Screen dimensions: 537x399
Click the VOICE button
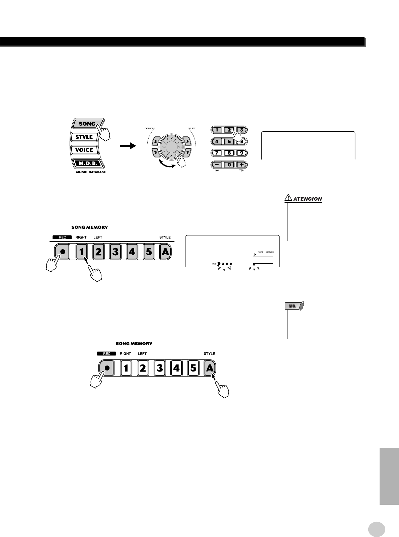click(84, 150)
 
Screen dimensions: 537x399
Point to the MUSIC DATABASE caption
click(88, 172)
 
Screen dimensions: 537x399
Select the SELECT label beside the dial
click(191, 129)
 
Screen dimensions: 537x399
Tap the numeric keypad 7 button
click(217, 153)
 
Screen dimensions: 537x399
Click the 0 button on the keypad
click(229, 165)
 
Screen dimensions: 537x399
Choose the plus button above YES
click(241, 165)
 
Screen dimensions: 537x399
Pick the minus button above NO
click(217, 165)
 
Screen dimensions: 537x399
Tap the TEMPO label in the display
click(260, 251)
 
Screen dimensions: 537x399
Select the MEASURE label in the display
click(270, 251)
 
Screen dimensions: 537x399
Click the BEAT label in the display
click(214, 264)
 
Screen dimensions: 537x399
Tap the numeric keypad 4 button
click(217, 141)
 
